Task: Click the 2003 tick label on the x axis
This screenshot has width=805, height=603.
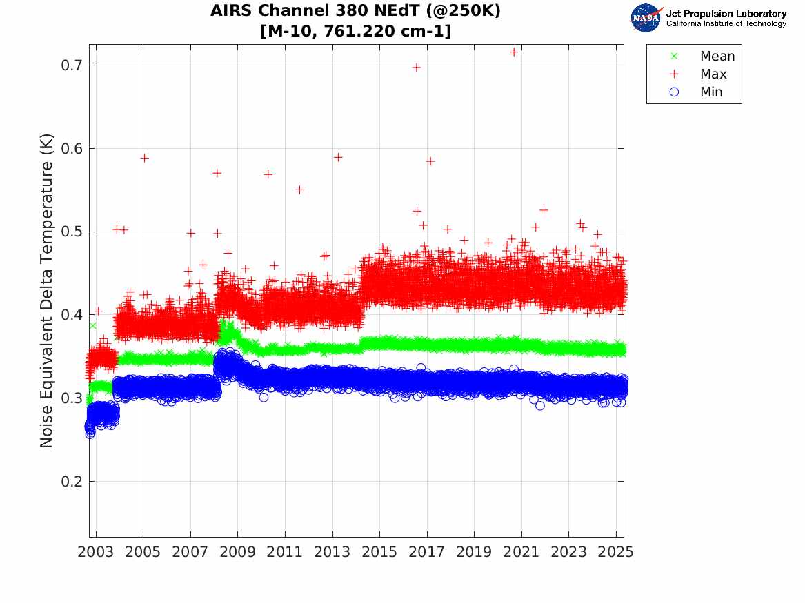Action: [x=96, y=552]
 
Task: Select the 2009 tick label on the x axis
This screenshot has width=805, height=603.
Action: [x=238, y=552]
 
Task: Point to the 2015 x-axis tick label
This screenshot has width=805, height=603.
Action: [x=379, y=552]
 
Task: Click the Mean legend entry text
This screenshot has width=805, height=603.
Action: [x=717, y=57]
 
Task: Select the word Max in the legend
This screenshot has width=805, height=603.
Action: [x=713, y=74]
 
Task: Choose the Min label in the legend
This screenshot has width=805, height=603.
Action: [x=711, y=92]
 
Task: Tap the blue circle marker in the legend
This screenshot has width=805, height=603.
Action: [x=674, y=92]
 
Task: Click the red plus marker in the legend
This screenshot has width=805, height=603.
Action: [x=674, y=74]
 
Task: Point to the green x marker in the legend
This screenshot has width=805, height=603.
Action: [x=674, y=57]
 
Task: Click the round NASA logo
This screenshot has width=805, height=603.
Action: [x=646, y=18]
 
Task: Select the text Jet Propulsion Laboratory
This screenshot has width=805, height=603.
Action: [x=726, y=14]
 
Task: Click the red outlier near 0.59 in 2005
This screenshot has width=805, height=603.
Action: [x=144, y=158]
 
